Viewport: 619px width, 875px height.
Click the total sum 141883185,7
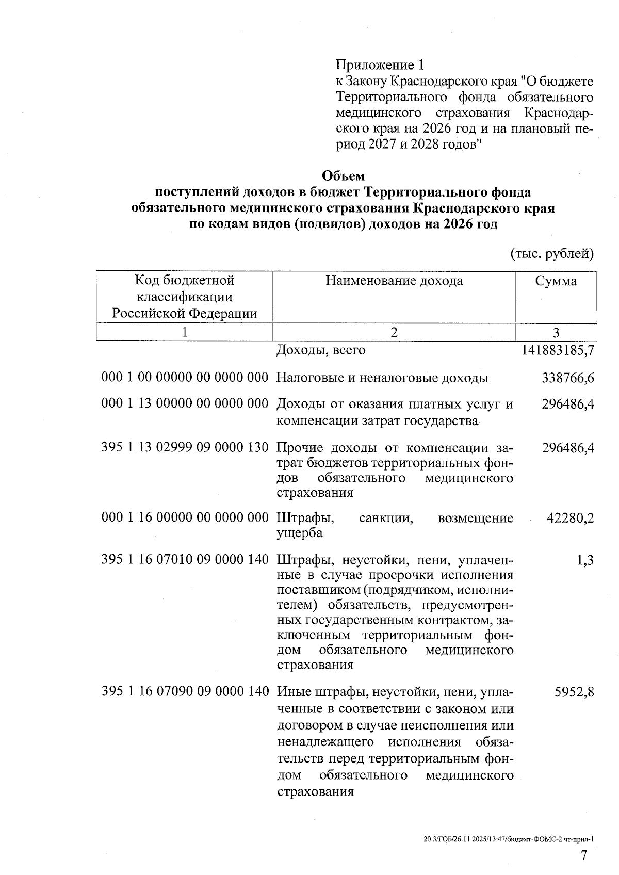click(558, 350)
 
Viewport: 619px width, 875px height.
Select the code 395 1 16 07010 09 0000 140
click(185, 559)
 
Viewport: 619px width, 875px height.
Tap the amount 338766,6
click(567, 378)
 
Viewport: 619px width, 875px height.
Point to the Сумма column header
click(556, 281)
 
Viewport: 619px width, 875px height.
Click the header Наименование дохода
click(394, 281)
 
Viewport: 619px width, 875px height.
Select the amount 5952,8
click(574, 692)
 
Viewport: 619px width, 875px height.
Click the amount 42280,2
click(570, 518)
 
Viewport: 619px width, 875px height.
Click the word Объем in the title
click(343, 176)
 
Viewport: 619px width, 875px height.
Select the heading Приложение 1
click(380, 65)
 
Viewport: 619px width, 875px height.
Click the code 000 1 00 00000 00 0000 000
click(185, 378)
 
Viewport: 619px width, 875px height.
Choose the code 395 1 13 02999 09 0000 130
click(185, 447)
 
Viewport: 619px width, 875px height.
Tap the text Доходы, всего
click(321, 350)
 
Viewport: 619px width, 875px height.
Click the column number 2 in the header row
click(394, 332)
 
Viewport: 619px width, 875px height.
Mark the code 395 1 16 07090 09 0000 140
click(185, 692)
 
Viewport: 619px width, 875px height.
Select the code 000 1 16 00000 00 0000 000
click(185, 518)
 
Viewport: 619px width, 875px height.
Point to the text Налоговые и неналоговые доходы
click(382, 378)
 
